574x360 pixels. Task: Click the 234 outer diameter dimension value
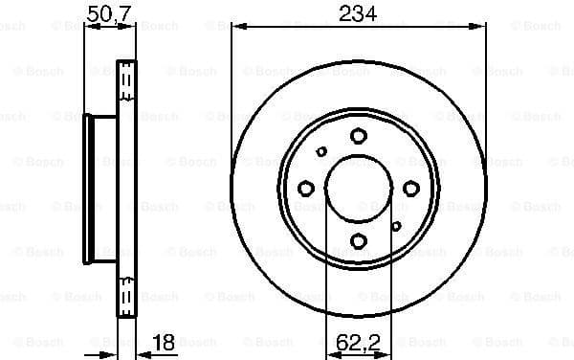coord(358,13)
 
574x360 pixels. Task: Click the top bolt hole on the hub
coord(358,136)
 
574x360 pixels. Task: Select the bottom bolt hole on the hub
coord(358,241)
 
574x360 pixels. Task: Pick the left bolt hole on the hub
coord(306,189)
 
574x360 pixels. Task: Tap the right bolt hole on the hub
coord(410,189)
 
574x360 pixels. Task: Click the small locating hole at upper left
coord(321,151)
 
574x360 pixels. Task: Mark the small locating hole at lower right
coord(395,226)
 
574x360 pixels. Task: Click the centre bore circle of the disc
coord(358,189)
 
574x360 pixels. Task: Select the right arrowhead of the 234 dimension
coord(480,29)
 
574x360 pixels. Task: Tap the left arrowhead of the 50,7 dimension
coord(89,29)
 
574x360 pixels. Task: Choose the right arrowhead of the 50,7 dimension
coord(133,29)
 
